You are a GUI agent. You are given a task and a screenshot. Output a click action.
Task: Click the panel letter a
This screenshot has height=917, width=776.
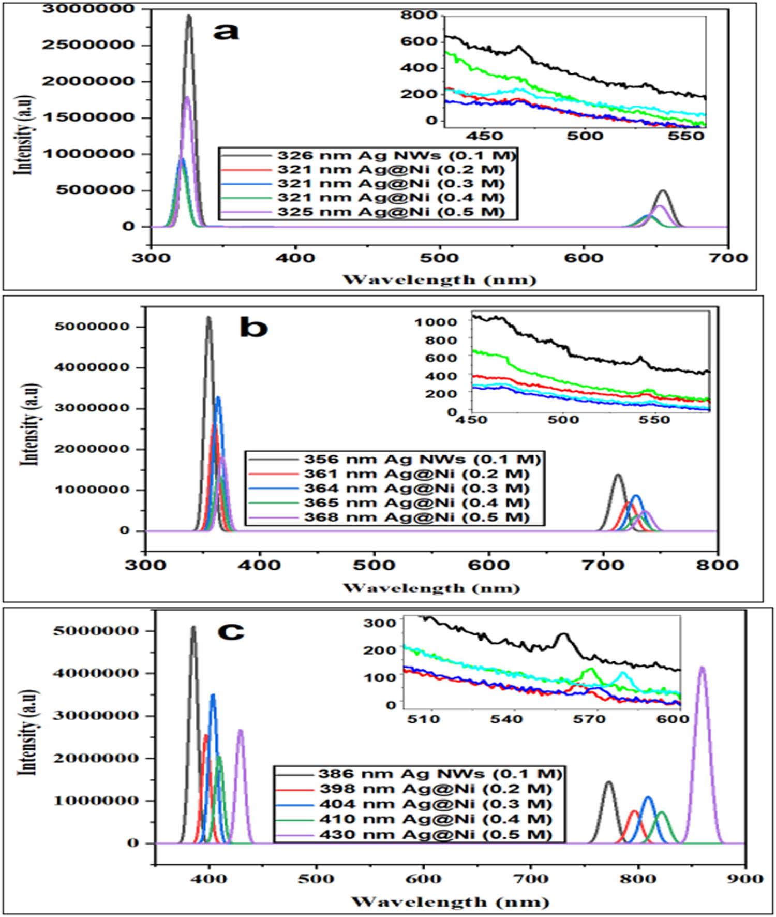(x=226, y=32)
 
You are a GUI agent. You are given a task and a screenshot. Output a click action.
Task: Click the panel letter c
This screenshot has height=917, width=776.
(x=230, y=631)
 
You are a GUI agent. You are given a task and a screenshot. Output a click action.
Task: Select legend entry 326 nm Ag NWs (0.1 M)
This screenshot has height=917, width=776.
(x=396, y=155)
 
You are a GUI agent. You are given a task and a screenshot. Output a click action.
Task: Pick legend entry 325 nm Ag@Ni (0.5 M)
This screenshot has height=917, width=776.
(x=390, y=212)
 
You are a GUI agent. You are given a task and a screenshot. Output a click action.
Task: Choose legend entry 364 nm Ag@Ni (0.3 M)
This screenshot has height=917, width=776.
(x=416, y=489)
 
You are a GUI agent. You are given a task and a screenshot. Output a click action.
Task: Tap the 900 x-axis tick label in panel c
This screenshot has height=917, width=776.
(x=744, y=878)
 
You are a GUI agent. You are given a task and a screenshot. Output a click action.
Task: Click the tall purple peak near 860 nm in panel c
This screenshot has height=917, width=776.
(x=702, y=669)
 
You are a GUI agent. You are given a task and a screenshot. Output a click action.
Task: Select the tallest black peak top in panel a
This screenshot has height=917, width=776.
(x=189, y=17)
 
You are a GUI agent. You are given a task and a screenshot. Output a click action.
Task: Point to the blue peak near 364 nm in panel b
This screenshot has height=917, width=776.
(x=218, y=398)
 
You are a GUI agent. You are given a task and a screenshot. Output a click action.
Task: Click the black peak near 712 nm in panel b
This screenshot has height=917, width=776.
(x=617, y=475)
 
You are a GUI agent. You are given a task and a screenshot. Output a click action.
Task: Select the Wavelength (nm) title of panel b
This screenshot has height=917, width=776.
(x=430, y=588)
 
